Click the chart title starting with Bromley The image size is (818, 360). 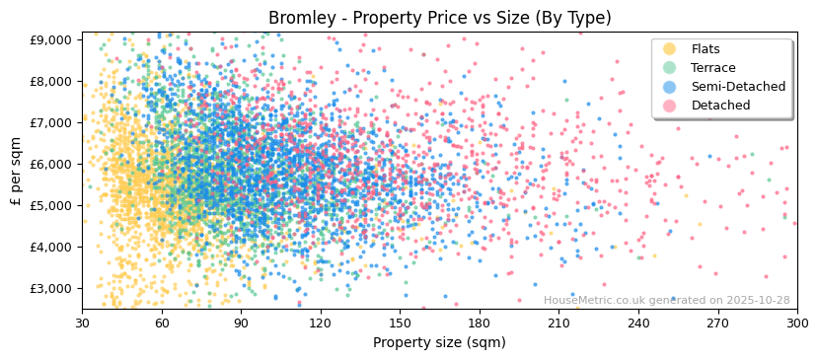pos(440,18)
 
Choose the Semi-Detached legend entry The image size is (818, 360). pos(738,87)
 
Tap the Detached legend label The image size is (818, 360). pos(720,106)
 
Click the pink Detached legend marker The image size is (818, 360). pos(670,106)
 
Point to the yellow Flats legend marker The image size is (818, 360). pos(670,49)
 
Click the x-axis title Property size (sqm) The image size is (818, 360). pos(439,342)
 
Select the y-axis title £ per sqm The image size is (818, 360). pos(17,171)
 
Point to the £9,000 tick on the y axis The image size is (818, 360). pos(50,39)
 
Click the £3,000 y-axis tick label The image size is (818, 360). pos(50,288)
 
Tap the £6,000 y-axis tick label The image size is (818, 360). pos(50,164)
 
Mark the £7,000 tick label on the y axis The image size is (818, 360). pos(50,122)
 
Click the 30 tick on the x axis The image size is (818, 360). pos(83,323)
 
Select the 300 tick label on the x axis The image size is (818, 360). pos(797,323)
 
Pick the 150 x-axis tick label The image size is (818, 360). pos(401,323)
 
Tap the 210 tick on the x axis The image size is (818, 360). pos(559,323)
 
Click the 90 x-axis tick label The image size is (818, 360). pos(242,323)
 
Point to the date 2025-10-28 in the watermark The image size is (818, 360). pos(756,301)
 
